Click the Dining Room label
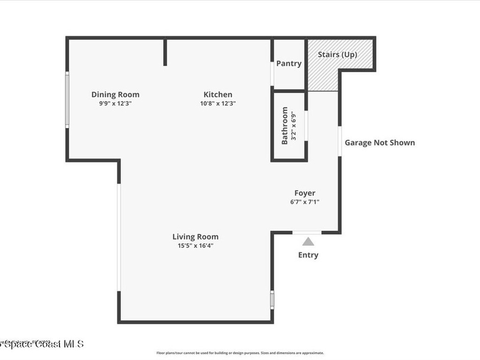pyautogui.click(x=115, y=95)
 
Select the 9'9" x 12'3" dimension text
pyautogui.click(x=115, y=104)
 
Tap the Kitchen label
pyautogui.click(x=217, y=95)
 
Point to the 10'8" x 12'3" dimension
pyautogui.click(x=217, y=104)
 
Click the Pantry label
pyautogui.click(x=289, y=64)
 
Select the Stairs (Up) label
pyautogui.click(x=337, y=54)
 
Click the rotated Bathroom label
pyautogui.click(x=285, y=126)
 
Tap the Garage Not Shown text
pyautogui.click(x=380, y=142)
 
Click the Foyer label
pyautogui.click(x=305, y=193)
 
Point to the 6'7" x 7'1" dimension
pyautogui.click(x=305, y=202)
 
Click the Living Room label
pyautogui.click(x=195, y=237)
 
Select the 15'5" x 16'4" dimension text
pyautogui.click(x=195, y=245)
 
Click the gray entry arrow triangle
pyautogui.click(x=308, y=242)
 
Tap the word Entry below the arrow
pyautogui.click(x=308, y=255)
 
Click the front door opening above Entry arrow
pyautogui.click(x=307, y=232)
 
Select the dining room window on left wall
pyautogui.click(x=67, y=99)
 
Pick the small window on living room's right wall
pyautogui.click(x=272, y=300)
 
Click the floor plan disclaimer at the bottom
pyautogui.click(x=240, y=353)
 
